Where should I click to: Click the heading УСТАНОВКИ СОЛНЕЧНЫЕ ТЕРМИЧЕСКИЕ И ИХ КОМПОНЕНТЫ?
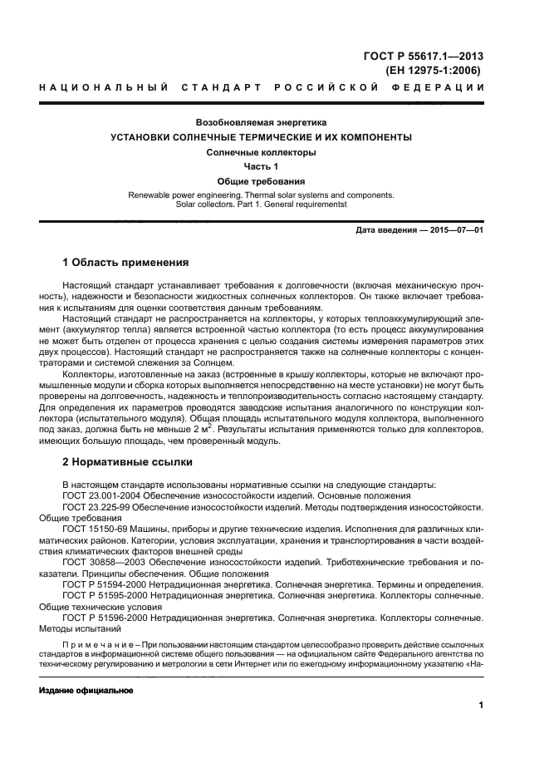coord(261,137)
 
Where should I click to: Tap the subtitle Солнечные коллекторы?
coord(261,152)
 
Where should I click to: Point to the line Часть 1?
coord(261,166)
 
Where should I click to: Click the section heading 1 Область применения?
coord(125,263)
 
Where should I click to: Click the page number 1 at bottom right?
coord(481,706)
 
